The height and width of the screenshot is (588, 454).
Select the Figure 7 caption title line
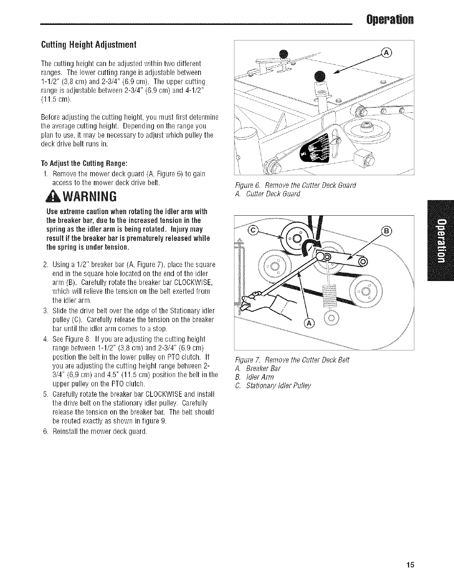(293, 360)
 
